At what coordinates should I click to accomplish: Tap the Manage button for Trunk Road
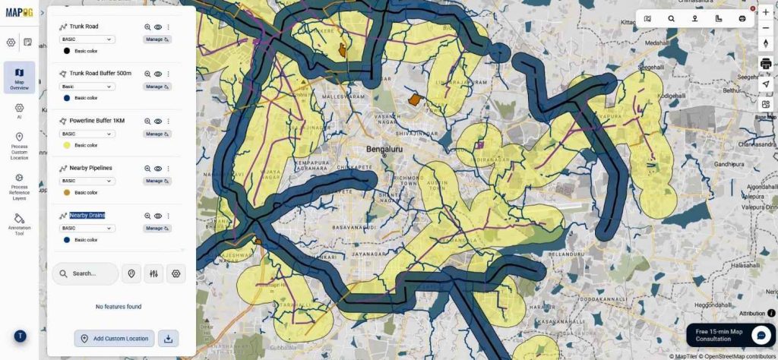click(x=157, y=39)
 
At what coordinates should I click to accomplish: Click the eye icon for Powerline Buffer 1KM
click(x=158, y=121)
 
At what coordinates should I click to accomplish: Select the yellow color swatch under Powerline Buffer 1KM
click(x=67, y=145)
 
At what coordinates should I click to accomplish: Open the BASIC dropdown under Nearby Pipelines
click(x=87, y=181)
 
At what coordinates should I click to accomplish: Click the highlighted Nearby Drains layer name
click(x=87, y=215)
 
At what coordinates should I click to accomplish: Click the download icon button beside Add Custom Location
click(x=168, y=338)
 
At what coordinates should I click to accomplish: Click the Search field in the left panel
click(x=85, y=273)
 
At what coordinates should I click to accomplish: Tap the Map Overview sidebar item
click(x=19, y=77)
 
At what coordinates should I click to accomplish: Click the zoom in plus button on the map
click(x=765, y=12)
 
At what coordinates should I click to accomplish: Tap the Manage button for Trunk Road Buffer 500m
click(x=157, y=87)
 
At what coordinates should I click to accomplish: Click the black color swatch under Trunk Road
click(x=67, y=51)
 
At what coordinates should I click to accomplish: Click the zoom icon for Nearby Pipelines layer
click(x=147, y=169)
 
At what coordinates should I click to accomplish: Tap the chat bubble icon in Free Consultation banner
click(x=761, y=335)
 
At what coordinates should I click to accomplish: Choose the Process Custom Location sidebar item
click(x=19, y=144)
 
